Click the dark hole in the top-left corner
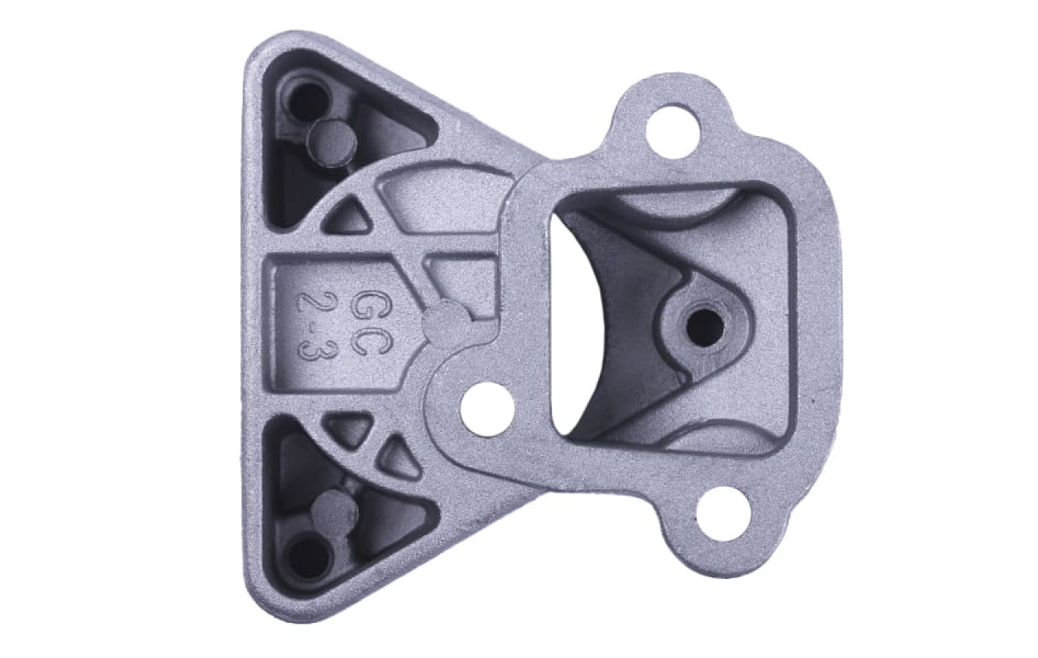(306, 101)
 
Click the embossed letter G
(366, 307)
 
